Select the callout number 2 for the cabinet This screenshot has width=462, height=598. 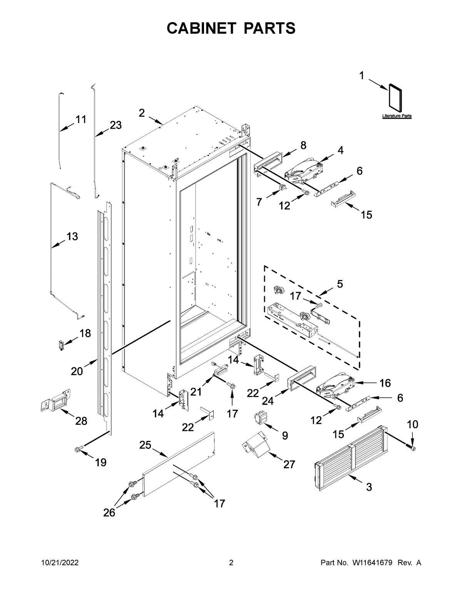(142, 113)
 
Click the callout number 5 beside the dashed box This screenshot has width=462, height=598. (340, 284)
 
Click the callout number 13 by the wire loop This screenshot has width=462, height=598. (72, 236)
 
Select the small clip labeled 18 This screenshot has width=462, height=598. (60, 345)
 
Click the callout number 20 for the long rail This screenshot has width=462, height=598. (77, 371)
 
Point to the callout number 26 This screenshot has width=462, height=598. (109, 513)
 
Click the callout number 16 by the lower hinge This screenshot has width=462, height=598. (385, 383)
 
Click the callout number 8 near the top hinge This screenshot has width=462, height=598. (303, 145)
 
